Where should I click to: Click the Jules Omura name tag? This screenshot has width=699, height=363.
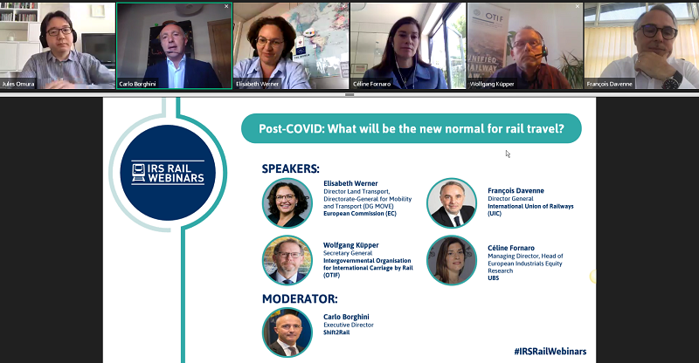[17, 84]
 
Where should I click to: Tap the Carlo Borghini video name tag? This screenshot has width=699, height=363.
[137, 84]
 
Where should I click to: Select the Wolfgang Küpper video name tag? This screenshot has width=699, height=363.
[492, 84]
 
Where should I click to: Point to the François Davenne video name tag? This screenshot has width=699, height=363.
[609, 84]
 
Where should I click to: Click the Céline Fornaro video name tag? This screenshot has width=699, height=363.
[371, 84]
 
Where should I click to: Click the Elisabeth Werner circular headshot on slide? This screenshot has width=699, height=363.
[287, 203]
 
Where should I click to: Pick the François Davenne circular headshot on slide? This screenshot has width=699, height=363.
[452, 203]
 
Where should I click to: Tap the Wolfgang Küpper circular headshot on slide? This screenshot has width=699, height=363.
[287, 261]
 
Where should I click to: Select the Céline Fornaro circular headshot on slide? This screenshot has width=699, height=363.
[452, 261]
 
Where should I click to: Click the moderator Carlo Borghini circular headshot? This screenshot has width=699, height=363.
[287, 332]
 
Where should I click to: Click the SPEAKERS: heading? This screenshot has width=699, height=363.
[291, 168]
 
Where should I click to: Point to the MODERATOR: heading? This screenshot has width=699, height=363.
[300, 298]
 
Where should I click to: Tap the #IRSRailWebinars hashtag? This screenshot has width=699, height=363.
[550, 352]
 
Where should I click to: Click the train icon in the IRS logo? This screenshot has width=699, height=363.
[139, 173]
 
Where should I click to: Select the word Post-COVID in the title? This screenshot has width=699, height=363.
[291, 129]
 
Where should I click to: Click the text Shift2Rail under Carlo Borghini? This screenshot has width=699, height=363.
[336, 332]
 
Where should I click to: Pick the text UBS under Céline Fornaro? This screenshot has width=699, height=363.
[493, 278]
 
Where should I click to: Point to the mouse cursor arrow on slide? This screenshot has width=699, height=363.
[508, 154]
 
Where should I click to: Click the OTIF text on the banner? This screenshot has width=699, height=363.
[494, 17]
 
